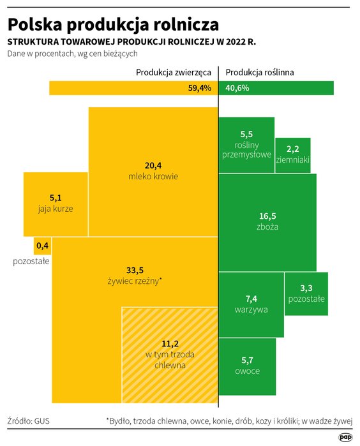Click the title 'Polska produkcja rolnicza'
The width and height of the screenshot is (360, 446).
113,24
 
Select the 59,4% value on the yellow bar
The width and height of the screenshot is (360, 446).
199,88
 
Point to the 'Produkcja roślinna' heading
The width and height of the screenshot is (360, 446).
259,72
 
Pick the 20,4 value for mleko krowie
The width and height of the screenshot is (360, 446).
153,165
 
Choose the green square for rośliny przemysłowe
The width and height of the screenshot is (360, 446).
246,145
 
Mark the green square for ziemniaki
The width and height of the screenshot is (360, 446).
293,155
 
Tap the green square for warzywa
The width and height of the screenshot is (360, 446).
251,304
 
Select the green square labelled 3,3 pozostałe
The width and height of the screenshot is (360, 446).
306,294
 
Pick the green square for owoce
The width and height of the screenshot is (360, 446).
247,366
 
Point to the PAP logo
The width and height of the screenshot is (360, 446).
345,437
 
